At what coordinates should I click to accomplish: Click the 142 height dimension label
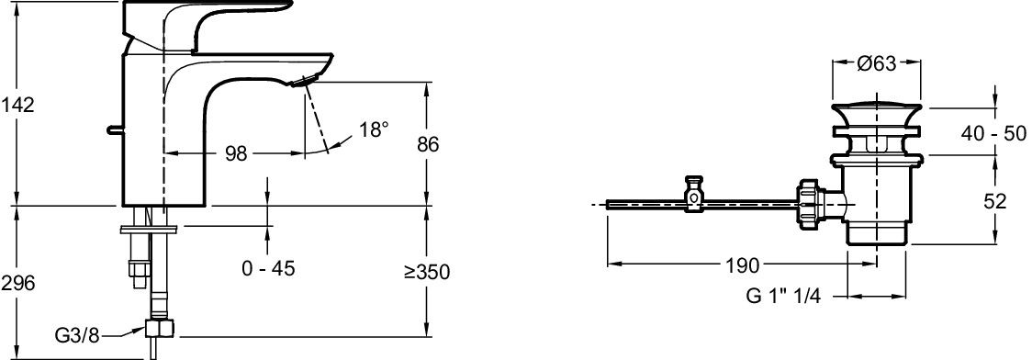pos(17,105)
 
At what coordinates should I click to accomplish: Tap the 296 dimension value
pos(17,284)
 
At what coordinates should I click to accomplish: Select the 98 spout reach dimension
pos(236,153)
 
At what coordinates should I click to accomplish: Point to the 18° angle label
pos(373,129)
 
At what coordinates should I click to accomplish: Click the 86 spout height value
pos(428,145)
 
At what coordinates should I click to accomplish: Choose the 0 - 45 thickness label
pos(268,268)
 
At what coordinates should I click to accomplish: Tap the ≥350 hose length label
pos(429,271)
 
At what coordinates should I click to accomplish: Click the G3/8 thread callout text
pos(77,335)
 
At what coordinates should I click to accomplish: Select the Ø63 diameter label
pos(877,64)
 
